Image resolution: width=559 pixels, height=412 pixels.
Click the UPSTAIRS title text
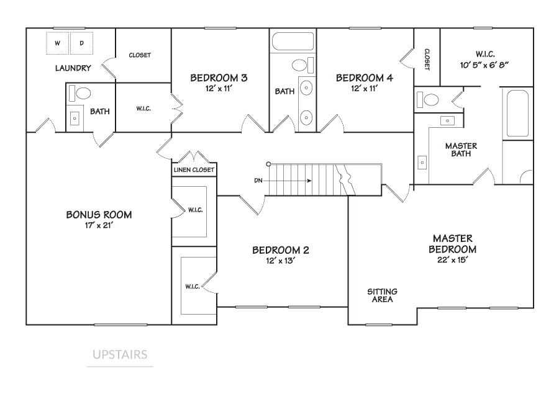pos(120,355)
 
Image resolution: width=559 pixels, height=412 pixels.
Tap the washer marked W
pos(58,43)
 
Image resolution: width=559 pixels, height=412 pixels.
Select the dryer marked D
pos(81,43)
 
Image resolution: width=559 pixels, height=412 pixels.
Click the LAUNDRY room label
pos(73,68)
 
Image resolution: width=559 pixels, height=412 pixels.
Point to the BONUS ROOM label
pos(99,215)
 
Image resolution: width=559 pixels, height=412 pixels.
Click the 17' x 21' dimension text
pos(99,225)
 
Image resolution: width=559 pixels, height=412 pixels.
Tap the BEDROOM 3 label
pos(219,78)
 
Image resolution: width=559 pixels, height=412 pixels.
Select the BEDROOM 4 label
pos(365,78)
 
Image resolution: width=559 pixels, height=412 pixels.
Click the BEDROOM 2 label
pos(281,250)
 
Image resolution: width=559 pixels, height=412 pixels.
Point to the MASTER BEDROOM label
pos(453,244)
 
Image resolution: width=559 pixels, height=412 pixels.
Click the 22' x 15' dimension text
pos(453,260)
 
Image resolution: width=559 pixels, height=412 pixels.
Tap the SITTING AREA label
pos(382,295)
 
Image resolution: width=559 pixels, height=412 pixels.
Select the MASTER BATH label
pos(461,150)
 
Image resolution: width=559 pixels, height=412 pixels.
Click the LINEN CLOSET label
pos(194,170)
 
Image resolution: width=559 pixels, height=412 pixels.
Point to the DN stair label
pos(258,181)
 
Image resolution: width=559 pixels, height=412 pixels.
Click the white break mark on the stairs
pos(346,180)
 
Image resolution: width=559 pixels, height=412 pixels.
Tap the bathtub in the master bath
pos(517,114)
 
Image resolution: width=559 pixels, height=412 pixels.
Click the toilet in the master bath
pos(428,99)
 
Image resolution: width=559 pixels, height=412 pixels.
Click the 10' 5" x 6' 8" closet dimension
pos(484,65)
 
